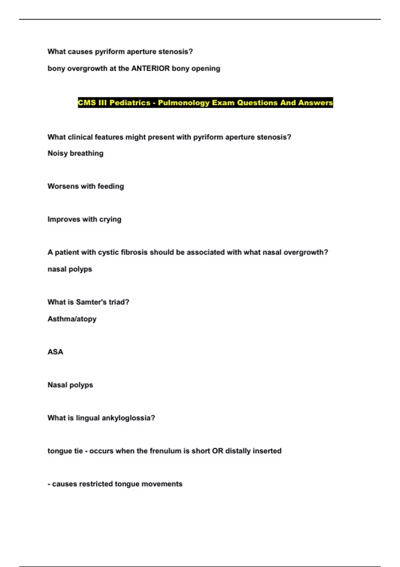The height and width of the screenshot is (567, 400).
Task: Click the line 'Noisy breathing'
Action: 75,153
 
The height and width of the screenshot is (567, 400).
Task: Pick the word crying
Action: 110,219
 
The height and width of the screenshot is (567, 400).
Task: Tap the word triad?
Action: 119,302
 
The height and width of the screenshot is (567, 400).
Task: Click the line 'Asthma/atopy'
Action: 72,319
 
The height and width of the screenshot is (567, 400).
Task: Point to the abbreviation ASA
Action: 55,352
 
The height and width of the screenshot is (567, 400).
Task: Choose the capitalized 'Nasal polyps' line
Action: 70,385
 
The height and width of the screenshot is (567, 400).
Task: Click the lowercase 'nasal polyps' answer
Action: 70,269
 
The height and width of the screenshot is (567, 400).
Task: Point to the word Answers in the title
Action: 316,103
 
